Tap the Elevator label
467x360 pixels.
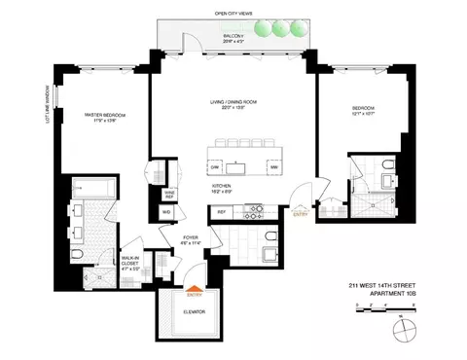coord(196,312)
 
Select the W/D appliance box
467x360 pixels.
coord(166,212)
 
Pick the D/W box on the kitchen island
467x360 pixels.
coord(215,167)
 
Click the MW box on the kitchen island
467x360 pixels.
coord(273,167)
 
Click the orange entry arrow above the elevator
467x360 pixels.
coord(197,288)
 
